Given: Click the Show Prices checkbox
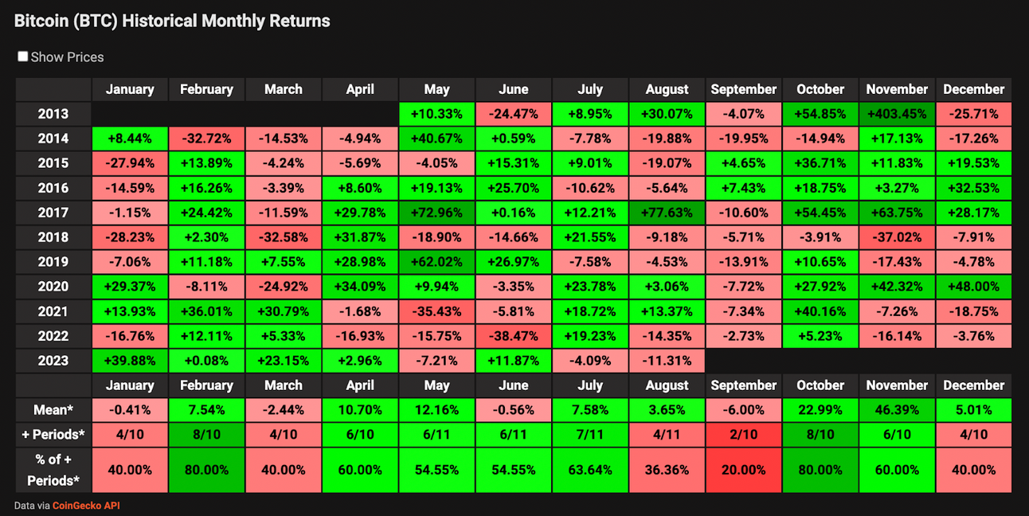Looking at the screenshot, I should [x=23, y=57].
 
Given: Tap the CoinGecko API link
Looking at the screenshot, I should [x=86, y=506].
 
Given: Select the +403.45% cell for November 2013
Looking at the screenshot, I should [x=897, y=114].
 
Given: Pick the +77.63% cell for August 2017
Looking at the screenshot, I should [x=667, y=213].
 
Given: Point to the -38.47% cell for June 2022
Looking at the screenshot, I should [x=513, y=336].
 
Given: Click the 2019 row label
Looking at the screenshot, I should [x=53, y=262].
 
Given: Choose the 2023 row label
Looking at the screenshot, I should [x=53, y=361].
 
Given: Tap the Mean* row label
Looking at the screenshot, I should [x=53, y=410].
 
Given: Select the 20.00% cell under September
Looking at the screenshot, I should [x=743, y=470].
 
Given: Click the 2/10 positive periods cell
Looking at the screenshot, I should [x=743, y=435].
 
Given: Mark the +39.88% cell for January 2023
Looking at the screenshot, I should [x=130, y=361].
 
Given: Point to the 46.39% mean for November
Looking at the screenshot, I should [x=897, y=410].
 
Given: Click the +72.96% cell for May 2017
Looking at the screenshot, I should [x=436, y=213].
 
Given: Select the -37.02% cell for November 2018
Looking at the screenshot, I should [x=897, y=237].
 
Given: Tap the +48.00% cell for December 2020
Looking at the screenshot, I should [x=973, y=287].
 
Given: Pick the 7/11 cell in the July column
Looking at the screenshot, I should [x=590, y=435].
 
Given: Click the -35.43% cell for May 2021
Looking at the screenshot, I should [x=436, y=311].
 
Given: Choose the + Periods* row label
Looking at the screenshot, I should [x=53, y=435].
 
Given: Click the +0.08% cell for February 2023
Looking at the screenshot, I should [x=206, y=361].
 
